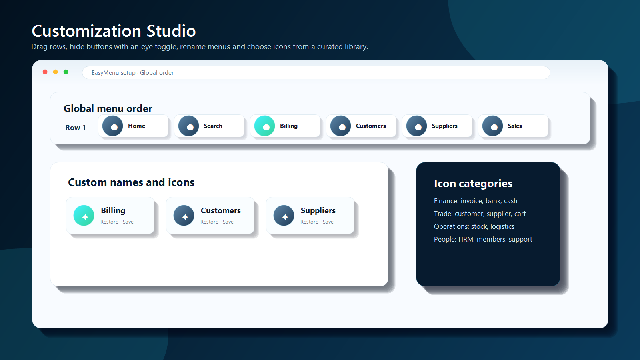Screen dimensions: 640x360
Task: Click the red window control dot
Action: pos(45,72)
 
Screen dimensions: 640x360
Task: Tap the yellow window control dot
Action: pos(56,72)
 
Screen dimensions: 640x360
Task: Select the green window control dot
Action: pos(66,72)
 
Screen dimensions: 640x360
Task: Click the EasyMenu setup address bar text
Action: pos(132,73)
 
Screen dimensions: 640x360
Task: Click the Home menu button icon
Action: pos(112,126)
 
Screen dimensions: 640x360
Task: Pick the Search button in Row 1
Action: pos(209,126)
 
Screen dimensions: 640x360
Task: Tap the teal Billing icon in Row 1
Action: pos(264,126)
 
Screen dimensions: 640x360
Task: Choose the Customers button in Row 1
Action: pos(361,126)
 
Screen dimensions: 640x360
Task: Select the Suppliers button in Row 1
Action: pos(437,126)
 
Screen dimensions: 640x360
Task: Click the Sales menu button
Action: pos(513,126)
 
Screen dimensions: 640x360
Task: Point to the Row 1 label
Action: pos(76,128)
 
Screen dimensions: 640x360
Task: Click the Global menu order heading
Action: pos(108,108)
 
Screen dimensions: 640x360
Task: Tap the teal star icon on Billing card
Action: pos(84,216)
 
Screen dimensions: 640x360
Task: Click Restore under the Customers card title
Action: pos(209,222)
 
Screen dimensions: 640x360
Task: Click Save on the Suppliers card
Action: pos(328,222)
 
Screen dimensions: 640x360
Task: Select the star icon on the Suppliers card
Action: pos(284,216)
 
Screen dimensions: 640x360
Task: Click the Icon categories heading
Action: pos(473,184)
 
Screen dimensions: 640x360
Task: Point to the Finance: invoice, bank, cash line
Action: pos(476,201)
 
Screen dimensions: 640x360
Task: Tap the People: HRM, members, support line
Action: pos(483,239)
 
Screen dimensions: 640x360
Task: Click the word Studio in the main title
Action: pos(171,31)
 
